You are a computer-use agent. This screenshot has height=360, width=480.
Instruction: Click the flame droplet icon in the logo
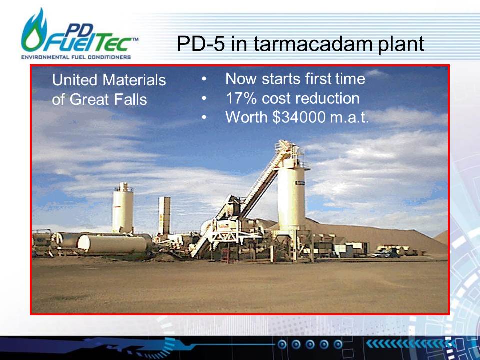pyautogui.click(x=33, y=32)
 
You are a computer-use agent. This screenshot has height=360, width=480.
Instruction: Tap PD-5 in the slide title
pyautogui.click(x=201, y=44)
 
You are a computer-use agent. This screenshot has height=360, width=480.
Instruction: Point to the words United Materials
pyautogui.click(x=109, y=80)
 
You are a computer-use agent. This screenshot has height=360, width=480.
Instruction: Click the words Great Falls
pyautogui.click(x=108, y=100)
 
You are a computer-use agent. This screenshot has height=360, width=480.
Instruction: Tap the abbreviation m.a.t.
pyautogui.click(x=349, y=117)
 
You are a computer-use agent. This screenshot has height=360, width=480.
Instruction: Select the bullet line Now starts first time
pyautogui.click(x=295, y=79)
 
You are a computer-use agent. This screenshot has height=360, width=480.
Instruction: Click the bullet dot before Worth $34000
pyautogui.click(x=204, y=117)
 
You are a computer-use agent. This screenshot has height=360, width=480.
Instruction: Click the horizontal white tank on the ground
pyautogui.click(x=112, y=244)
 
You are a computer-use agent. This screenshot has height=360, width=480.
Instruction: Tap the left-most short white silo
pyautogui.click(x=123, y=207)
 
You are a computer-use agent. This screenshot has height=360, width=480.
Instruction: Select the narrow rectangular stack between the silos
pyautogui.click(x=164, y=215)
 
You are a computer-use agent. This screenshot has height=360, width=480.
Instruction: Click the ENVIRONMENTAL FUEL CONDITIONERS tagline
pyautogui.click(x=76, y=57)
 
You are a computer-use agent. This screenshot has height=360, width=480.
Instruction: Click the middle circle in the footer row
pyautogui.click(x=310, y=344)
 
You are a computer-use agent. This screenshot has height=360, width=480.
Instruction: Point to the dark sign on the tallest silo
pyautogui.click(x=300, y=183)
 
